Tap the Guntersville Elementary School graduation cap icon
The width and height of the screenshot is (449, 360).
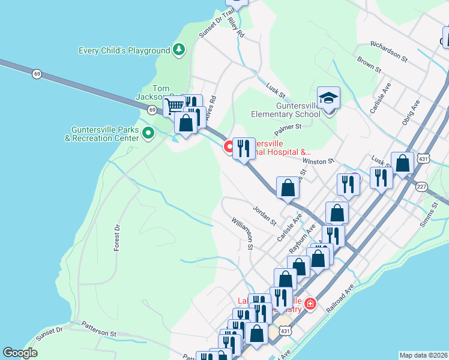point(328,97)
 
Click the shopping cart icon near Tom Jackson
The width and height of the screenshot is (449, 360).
point(174,106)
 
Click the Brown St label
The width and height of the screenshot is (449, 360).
point(369,64)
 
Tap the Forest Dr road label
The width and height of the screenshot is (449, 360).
point(117,238)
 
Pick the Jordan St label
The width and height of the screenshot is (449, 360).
point(264,216)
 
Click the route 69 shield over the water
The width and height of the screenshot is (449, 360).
point(37,74)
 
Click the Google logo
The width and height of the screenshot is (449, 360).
point(20,353)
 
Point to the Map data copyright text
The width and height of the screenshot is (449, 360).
point(423,355)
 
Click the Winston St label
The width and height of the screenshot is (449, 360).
point(318,161)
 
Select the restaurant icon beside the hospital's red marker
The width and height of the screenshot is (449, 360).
point(243,148)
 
